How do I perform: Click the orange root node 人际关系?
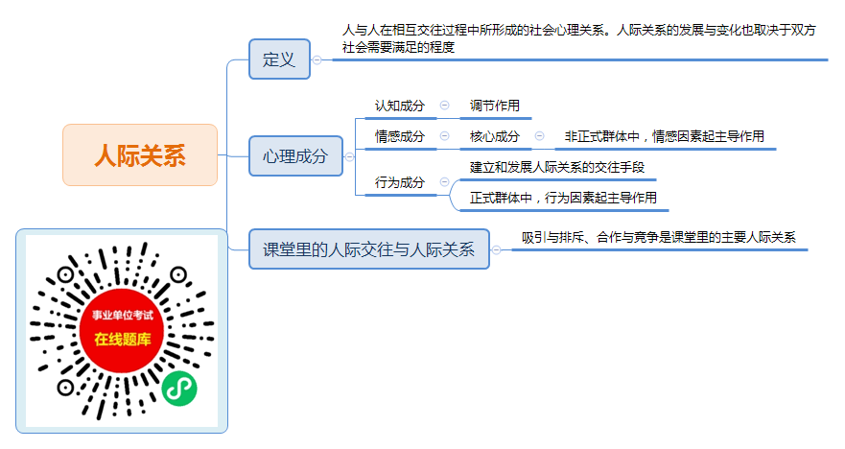click(140, 155)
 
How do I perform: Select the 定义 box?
click(279, 59)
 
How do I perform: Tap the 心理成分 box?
click(295, 155)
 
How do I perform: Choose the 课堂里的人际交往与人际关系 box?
click(368, 249)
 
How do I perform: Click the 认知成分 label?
click(400, 106)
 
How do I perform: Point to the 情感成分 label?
click(400, 136)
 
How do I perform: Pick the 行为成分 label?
click(400, 182)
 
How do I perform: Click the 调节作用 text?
click(495, 106)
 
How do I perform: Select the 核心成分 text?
click(495, 136)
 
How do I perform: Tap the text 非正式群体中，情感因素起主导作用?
click(665, 136)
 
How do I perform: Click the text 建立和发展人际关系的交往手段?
click(557, 167)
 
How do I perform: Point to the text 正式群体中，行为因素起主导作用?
click(563, 198)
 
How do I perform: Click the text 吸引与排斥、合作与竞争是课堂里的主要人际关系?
click(659, 237)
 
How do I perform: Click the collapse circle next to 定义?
click(317, 59)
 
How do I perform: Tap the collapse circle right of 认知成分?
click(445, 106)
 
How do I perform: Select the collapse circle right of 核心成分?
click(539, 136)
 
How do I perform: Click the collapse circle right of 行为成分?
click(445, 181)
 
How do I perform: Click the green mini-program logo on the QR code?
click(179, 389)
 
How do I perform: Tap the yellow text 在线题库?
click(123, 339)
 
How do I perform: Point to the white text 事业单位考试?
click(123, 316)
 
